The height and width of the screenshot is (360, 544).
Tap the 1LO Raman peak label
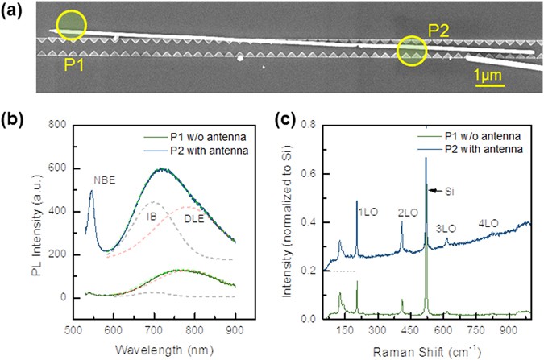click(x=368, y=213)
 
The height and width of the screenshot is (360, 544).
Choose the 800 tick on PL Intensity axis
click(x=56, y=126)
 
